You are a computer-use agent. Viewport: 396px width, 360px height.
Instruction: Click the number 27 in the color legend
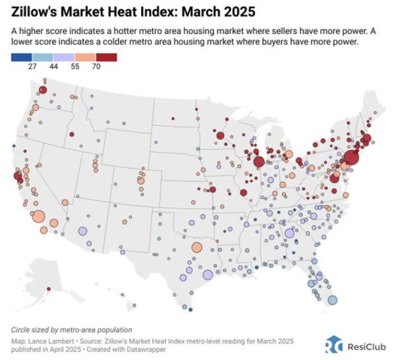pos(32,67)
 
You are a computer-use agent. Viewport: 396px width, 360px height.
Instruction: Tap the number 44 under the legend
pos(53,67)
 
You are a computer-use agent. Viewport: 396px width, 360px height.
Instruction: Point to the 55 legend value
pos(75,67)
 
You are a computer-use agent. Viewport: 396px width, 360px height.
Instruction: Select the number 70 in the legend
pos(96,67)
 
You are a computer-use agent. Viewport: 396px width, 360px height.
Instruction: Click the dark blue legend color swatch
pos(22,58)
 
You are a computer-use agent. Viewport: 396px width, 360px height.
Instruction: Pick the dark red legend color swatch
pos(106,58)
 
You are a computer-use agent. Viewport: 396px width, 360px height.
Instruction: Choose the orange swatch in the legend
pos(85,58)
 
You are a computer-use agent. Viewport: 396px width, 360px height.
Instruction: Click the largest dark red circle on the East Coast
pos(351,158)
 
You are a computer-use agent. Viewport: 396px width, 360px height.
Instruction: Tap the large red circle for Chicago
pos(259,162)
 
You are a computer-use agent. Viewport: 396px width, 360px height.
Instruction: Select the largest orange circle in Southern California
pos(39,216)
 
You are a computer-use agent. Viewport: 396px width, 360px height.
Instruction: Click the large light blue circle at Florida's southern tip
pos(333,300)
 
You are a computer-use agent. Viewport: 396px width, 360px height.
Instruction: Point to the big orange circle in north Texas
pos(197,247)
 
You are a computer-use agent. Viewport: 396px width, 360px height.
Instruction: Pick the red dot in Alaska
pos(49,289)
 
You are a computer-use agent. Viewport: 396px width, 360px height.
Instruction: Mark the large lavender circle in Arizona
pos(82,231)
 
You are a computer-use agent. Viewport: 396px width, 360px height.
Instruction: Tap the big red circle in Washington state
pos(43,90)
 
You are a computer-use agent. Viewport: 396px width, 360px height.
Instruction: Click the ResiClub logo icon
pos(334,345)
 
